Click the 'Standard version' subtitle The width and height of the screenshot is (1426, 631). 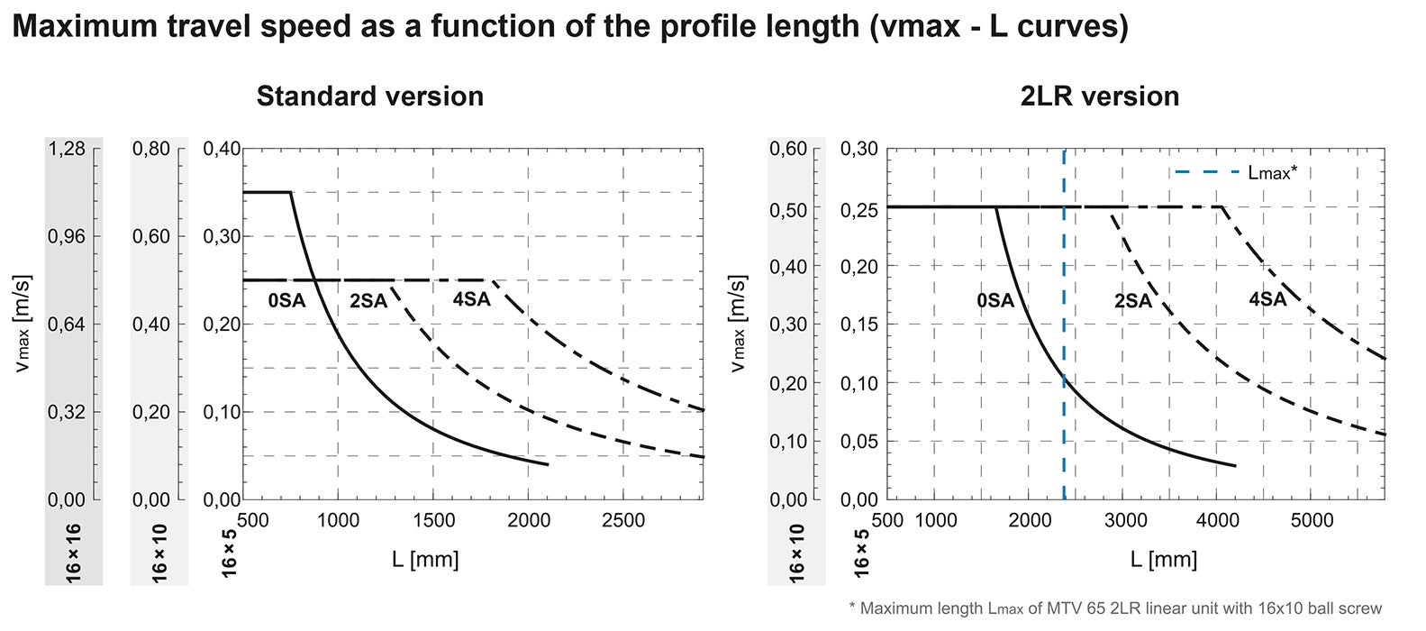(x=369, y=96)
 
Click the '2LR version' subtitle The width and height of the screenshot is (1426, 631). (x=1099, y=96)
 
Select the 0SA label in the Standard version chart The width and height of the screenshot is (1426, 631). (x=286, y=301)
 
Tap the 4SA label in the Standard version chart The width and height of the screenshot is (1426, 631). (x=471, y=298)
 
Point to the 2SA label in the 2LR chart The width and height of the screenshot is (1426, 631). (x=1132, y=301)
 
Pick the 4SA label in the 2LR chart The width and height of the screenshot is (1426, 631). (x=1267, y=299)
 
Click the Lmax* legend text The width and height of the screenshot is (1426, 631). (x=1272, y=172)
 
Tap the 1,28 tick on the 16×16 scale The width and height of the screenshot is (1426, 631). (x=66, y=149)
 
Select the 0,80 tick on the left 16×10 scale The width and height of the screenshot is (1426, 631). (x=151, y=149)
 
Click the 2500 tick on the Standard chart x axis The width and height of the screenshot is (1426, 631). (x=623, y=520)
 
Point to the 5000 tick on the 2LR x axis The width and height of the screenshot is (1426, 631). (x=1312, y=520)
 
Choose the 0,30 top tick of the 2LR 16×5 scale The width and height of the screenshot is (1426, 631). (x=858, y=149)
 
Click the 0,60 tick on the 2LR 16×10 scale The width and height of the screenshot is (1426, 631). (x=788, y=149)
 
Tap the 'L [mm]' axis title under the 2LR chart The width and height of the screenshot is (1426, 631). (x=1163, y=560)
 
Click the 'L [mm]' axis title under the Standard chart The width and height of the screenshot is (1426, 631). (x=425, y=560)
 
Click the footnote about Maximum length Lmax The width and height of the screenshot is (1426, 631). (x=1115, y=609)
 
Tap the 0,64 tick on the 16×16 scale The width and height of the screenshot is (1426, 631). (x=66, y=325)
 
